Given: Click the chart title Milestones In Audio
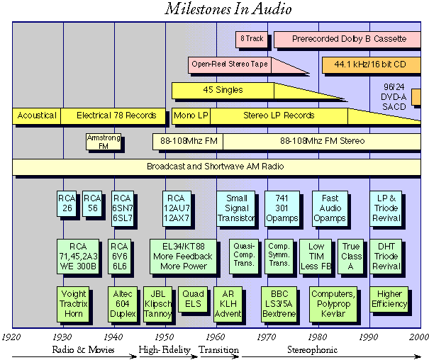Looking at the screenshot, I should pyautogui.click(x=228, y=10).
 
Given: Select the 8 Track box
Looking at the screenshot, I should pyautogui.click(x=250, y=40).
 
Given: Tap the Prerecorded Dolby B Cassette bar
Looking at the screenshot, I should pyautogui.click(x=349, y=40).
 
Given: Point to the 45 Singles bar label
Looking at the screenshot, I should pyautogui.click(x=223, y=90).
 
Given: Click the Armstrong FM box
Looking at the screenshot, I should pyautogui.click(x=104, y=142).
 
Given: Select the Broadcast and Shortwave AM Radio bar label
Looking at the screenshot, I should pyautogui.click(x=216, y=167).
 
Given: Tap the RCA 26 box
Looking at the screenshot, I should pyautogui.click(x=67, y=203).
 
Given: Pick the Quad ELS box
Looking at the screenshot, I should pyautogui.click(x=193, y=299).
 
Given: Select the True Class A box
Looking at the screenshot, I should pyautogui.click(x=351, y=256).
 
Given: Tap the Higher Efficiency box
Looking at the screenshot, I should pyautogui.click(x=390, y=299).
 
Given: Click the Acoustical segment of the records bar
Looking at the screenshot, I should pyautogui.click(x=37, y=116).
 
